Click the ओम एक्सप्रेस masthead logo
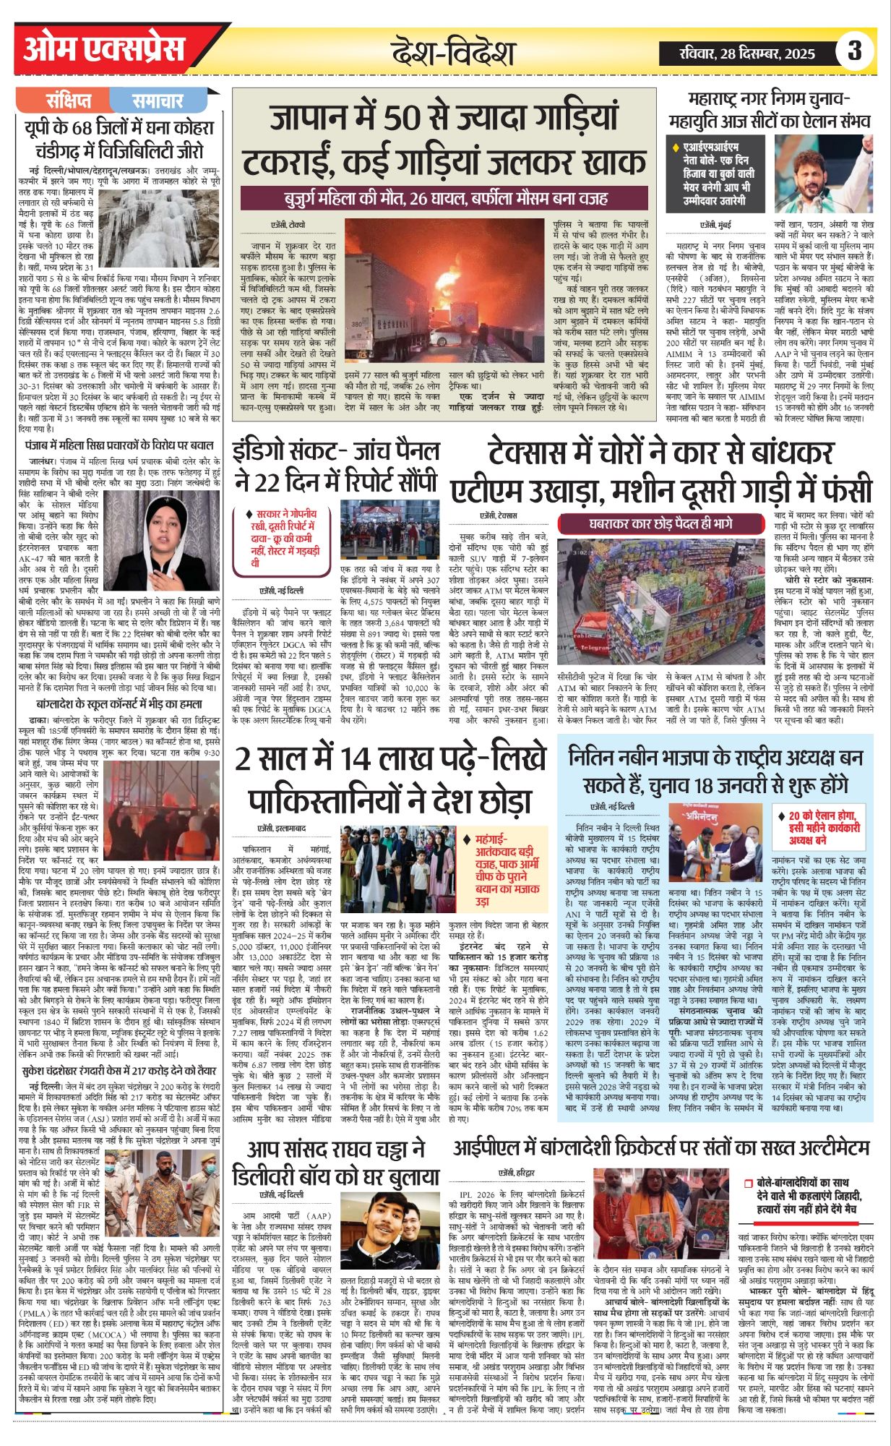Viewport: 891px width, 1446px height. pyautogui.click(x=105, y=50)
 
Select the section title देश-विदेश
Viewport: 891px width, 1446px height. pyautogui.click(x=454, y=53)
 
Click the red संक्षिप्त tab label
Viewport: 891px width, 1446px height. pyautogui.click(x=69, y=100)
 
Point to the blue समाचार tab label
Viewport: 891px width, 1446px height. pyautogui.click(x=158, y=100)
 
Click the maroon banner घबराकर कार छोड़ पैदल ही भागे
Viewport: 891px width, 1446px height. pyautogui.click(x=660, y=523)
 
